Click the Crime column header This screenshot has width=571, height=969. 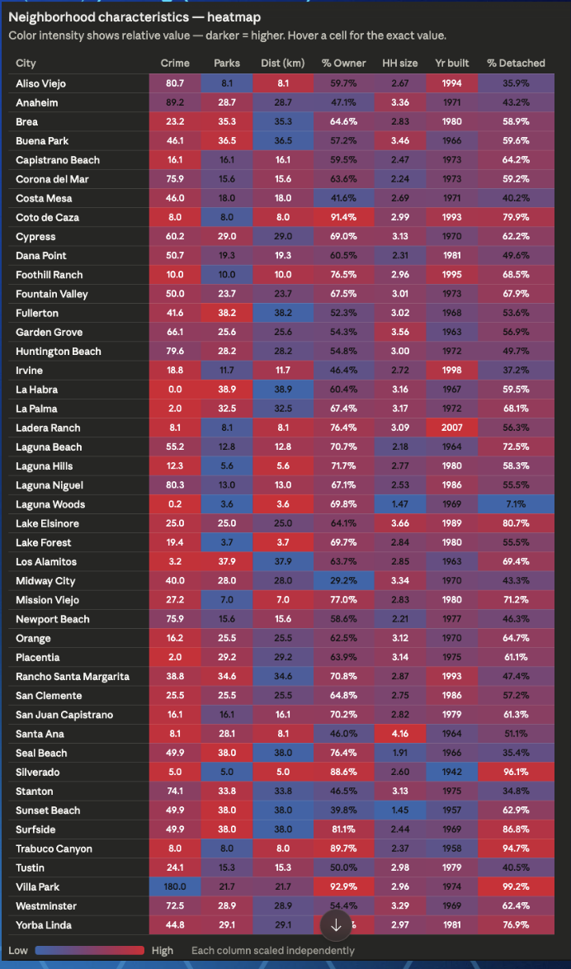pos(174,64)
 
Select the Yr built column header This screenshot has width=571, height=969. pos(451,64)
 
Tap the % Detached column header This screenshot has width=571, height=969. pos(516,64)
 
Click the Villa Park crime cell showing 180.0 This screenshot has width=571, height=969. pos(174,886)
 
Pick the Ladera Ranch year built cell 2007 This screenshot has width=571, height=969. pos(451,428)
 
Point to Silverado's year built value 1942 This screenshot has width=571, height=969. pos(451,773)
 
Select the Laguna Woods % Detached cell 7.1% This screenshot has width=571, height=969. pos(516,504)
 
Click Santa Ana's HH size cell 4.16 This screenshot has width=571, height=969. pos(400,734)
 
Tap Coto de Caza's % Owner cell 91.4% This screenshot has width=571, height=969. pos(344,218)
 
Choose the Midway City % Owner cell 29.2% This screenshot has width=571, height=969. pos(344,581)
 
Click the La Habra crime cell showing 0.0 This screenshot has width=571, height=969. pos(174,390)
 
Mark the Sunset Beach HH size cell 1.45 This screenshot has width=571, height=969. pos(400,811)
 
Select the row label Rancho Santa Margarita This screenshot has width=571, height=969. pos(73,677)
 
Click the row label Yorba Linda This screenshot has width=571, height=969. pos(43,925)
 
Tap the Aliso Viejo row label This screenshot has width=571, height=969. pos(41,83)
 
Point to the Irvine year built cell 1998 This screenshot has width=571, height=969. pos(451,371)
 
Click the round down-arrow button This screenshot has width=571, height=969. pos(336,925)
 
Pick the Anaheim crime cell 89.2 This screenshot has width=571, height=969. pos(174,102)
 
